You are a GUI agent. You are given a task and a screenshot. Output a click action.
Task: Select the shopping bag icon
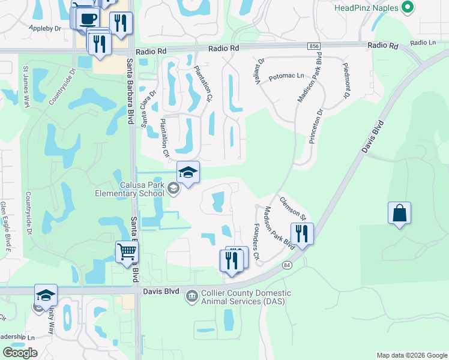tap(399, 214)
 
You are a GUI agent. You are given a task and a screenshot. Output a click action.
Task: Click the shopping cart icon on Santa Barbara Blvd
tap(127, 252)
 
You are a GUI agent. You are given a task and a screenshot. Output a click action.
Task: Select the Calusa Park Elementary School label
tap(130, 189)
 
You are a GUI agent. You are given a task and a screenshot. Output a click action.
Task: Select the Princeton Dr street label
tap(316, 126)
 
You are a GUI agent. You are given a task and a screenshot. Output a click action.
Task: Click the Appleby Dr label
tap(45, 28)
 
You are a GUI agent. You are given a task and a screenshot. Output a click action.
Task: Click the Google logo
tap(20, 353)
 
